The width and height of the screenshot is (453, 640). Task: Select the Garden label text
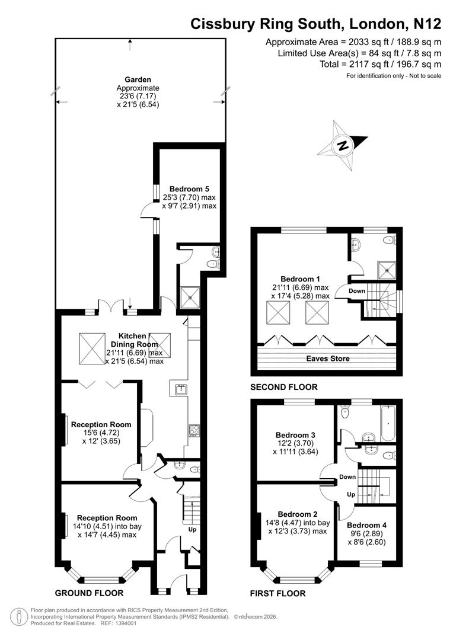pos(138,79)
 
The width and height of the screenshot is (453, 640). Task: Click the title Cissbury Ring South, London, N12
pos(315,24)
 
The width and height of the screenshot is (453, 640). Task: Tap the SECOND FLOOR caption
pos(283,387)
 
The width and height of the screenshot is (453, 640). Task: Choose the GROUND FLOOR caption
pos(89,593)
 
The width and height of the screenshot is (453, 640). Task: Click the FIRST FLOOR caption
pos(277,593)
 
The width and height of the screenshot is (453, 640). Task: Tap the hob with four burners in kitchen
pos(193,431)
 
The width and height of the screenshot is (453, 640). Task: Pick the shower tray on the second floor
pos(388,271)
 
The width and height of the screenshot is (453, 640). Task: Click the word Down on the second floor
pos(357,291)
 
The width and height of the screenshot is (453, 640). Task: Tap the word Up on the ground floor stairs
pos(192,529)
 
